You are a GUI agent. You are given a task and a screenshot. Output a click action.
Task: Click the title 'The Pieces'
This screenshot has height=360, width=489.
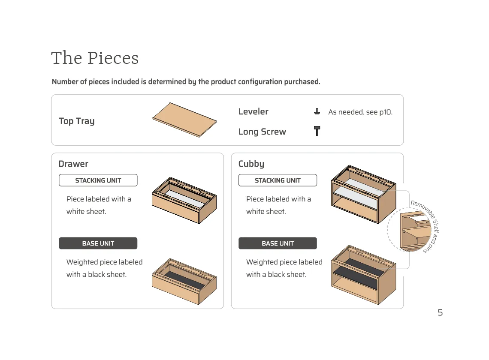pyautogui.click(x=95, y=58)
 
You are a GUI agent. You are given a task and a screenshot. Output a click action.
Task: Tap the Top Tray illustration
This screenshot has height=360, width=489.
pyautogui.click(x=184, y=120)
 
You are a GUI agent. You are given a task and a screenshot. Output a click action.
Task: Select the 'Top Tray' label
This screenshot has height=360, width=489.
pyautogui.click(x=76, y=121)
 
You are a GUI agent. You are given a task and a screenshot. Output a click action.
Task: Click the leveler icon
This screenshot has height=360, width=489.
pyautogui.click(x=317, y=112)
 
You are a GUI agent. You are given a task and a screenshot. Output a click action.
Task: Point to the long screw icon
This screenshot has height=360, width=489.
pyautogui.click(x=317, y=131)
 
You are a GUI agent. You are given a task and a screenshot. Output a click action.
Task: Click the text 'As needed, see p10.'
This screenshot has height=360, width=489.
pyautogui.click(x=360, y=112)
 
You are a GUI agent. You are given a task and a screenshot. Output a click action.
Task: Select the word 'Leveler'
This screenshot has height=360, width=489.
pyautogui.click(x=253, y=111)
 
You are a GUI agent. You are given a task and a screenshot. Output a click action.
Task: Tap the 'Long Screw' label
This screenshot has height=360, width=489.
pyautogui.click(x=262, y=132)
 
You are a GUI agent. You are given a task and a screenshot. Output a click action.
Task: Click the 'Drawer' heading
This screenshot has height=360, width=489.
pyautogui.click(x=73, y=164)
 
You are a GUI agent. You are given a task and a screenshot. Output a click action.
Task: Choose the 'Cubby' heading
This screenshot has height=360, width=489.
pyautogui.click(x=251, y=164)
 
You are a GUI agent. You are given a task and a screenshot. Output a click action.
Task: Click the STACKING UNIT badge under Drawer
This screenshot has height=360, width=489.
pyautogui.click(x=98, y=180)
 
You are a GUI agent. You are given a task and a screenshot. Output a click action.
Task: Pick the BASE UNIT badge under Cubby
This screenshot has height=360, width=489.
pyautogui.click(x=278, y=243)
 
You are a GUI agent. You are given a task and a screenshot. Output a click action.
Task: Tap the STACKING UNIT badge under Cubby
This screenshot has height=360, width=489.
pyautogui.click(x=278, y=180)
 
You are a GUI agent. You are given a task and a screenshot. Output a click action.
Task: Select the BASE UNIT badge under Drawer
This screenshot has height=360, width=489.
pyautogui.click(x=98, y=243)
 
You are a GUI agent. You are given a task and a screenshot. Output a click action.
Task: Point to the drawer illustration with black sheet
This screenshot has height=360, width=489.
pyautogui.click(x=184, y=281)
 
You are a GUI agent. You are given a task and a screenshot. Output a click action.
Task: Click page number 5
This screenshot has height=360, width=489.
pyautogui.click(x=440, y=312)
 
